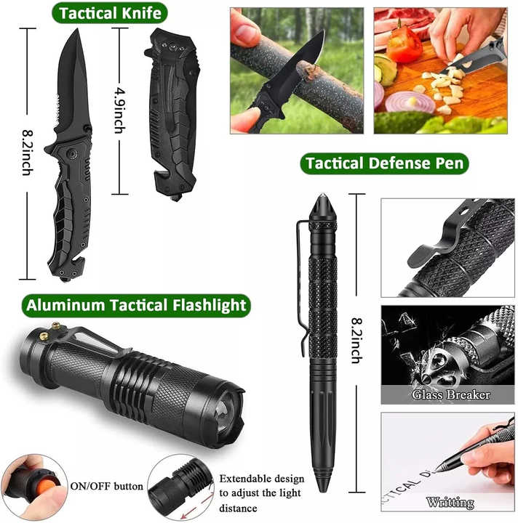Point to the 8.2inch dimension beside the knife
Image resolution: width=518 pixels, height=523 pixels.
(26, 155)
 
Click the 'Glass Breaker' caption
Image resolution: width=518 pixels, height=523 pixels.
(451, 395)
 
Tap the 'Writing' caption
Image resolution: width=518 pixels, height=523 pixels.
(450, 502)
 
